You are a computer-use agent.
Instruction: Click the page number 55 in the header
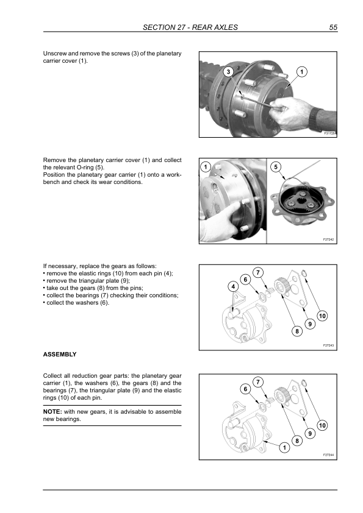click(333, 27)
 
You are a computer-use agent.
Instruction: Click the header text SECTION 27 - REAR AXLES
click(190, 27)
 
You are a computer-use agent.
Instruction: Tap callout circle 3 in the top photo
click(228, 72)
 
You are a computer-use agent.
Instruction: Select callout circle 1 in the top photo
click(302, 72)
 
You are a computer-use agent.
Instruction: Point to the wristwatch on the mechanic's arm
click(315, 118)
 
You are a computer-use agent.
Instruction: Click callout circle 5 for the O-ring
click(276, 167)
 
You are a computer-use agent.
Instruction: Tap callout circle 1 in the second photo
click(206, 167)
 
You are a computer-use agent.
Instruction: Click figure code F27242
click(328, 239)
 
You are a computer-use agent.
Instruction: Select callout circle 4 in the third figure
click(233, 286)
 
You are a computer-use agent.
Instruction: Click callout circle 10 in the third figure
click(322, 316)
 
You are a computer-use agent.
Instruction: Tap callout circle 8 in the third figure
click(297, 331)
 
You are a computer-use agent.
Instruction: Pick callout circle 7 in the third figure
click(258, 272)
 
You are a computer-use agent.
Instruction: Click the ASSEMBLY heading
click(60, 355)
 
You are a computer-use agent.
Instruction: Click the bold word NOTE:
click(52, 412)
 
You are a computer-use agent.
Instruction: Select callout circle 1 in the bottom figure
click(284, 448)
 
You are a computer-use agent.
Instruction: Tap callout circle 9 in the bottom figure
click(310, 434)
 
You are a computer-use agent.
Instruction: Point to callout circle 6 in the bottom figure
click(245, 389)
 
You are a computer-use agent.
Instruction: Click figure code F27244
click(328, 455)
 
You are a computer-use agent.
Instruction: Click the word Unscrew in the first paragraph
click(55, 54)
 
